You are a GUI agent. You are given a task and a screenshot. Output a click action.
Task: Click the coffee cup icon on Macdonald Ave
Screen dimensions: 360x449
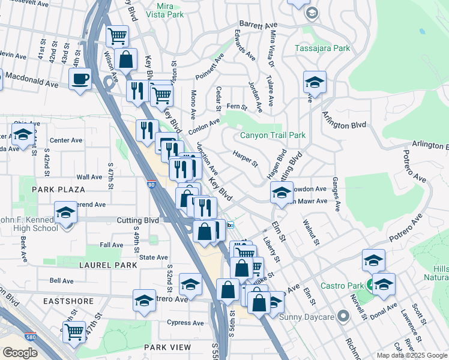pos(80,79)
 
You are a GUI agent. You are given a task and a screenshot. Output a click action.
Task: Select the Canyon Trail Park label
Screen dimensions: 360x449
pos(273,135)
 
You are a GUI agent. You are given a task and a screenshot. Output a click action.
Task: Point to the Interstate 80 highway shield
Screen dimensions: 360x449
pos(150,185)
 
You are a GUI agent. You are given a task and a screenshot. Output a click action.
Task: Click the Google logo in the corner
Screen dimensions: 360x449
pos(20,353)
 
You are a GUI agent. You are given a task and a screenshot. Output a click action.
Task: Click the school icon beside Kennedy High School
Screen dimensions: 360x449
pos(65,213)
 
